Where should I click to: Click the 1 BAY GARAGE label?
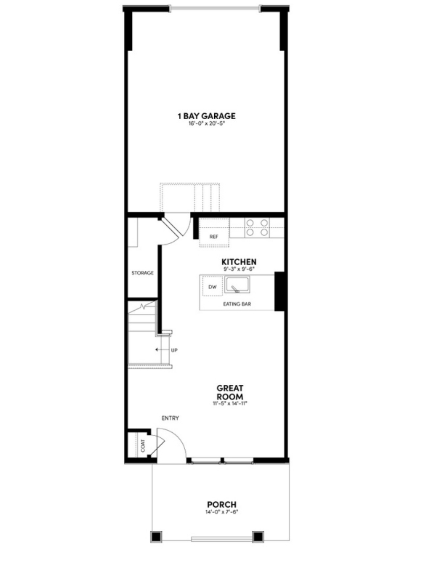[x=207, y=115]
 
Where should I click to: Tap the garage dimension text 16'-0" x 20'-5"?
[x=207, y=124]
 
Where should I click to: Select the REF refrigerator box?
[x=214, y=237]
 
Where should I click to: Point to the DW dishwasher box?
[x=213, y=287]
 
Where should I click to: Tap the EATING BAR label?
[x=237, y=304]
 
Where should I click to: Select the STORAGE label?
[x=143, y=273]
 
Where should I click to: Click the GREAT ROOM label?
[x=229, y=392]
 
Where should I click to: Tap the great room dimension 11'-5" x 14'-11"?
[x=229, y=403]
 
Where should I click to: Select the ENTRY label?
[x=170, y=418]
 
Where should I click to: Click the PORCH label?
[x=221, y=504]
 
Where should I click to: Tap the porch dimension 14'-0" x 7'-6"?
[x=221, y=513]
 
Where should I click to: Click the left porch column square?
[x=155, y=537]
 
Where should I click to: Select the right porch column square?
[x=257, y=537]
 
